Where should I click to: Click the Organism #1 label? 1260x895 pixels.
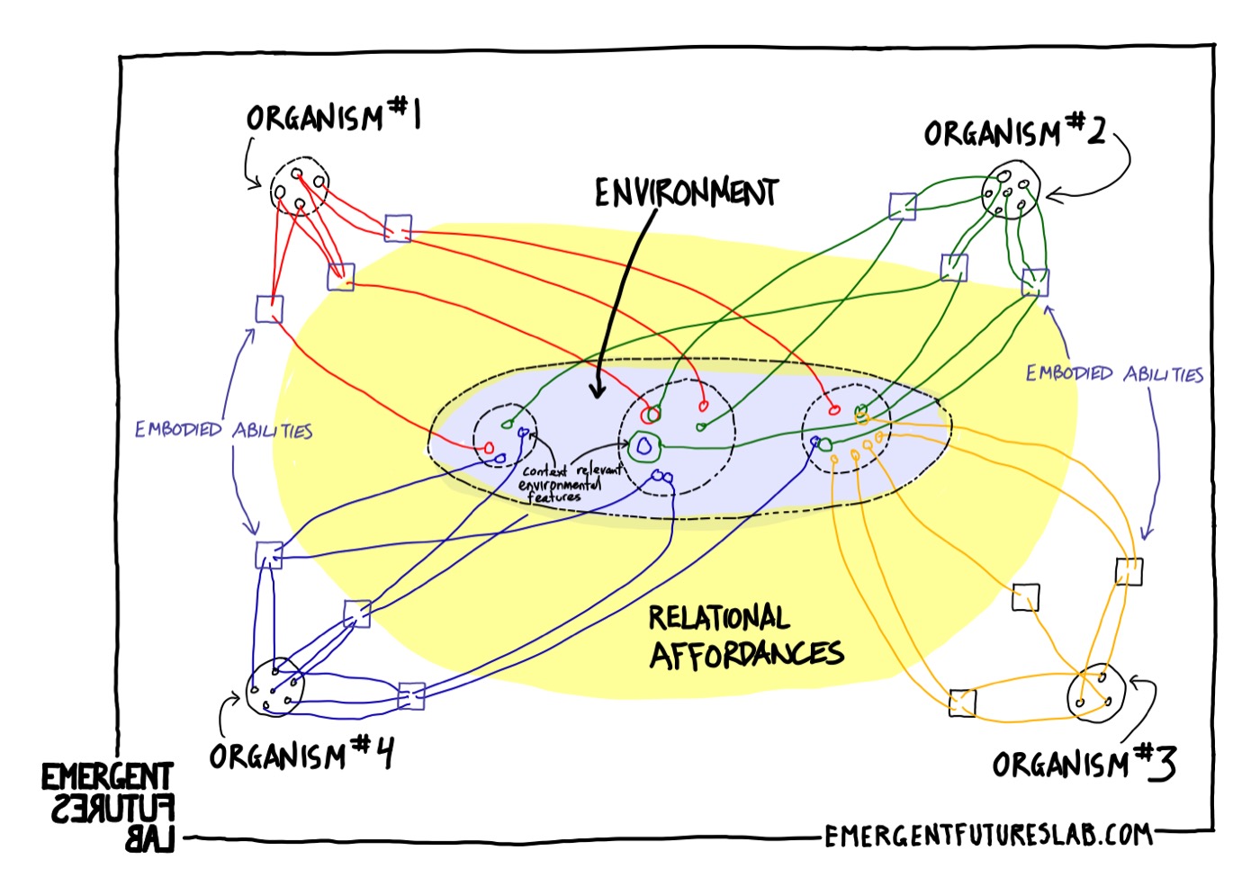(334, 117)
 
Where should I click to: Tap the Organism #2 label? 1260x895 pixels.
(1014, 133)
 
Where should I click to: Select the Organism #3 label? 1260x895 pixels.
(1084, 765)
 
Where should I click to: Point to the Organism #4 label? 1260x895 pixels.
(301, 755)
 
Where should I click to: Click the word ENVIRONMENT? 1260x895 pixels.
(686, 192)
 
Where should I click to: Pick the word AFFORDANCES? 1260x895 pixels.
(746, 655)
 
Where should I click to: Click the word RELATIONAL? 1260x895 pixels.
(718, 618)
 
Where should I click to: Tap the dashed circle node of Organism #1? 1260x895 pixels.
(299, 187)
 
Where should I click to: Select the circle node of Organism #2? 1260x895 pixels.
(1012, 191)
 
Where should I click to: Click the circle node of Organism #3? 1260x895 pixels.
(1096, 693)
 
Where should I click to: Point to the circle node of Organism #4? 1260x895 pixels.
(275, 688)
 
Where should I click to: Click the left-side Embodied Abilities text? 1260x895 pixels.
(223, 431)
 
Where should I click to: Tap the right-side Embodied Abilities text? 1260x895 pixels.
(1114, 374)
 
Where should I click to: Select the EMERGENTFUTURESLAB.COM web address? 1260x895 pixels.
(987, 836)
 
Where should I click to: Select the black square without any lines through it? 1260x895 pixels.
(1025, 597)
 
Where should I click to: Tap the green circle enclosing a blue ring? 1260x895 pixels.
(643, 445)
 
